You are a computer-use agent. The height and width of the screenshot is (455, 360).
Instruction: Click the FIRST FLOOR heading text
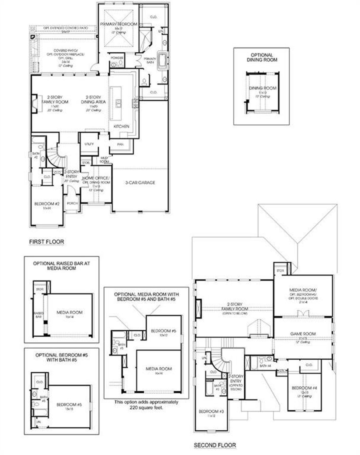click(46, 242)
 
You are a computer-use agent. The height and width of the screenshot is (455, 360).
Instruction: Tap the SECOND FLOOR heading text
click(215, 445)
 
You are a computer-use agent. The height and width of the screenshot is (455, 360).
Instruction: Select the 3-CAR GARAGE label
click(140, 183)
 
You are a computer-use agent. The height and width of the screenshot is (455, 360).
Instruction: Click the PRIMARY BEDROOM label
click(118, 24)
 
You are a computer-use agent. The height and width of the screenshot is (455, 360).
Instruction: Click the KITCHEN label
click(121, 126)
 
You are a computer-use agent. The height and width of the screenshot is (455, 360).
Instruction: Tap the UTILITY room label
click(89, 144)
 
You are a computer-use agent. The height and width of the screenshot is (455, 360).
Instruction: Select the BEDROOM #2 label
click(47, 204)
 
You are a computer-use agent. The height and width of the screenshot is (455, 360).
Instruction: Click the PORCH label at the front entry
click(72, 203)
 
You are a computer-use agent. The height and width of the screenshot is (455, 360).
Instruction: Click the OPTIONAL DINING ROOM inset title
click(262, 57)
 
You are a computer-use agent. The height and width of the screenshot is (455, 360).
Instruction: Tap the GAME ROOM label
click(303, 334)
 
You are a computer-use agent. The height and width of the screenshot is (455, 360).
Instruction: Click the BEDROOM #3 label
click(211, 411)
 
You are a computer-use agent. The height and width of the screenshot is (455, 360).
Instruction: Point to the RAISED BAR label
click(39, 315)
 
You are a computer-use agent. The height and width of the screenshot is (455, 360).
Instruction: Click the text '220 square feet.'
click(146, 407)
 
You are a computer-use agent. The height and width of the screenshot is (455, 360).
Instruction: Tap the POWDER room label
click(117, 58)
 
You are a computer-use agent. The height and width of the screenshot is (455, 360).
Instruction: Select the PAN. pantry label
click(120, 144)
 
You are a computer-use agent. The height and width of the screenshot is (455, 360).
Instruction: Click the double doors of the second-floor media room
click(303, 313)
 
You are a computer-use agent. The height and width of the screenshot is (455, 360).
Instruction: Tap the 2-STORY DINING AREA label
click(93, 100)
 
